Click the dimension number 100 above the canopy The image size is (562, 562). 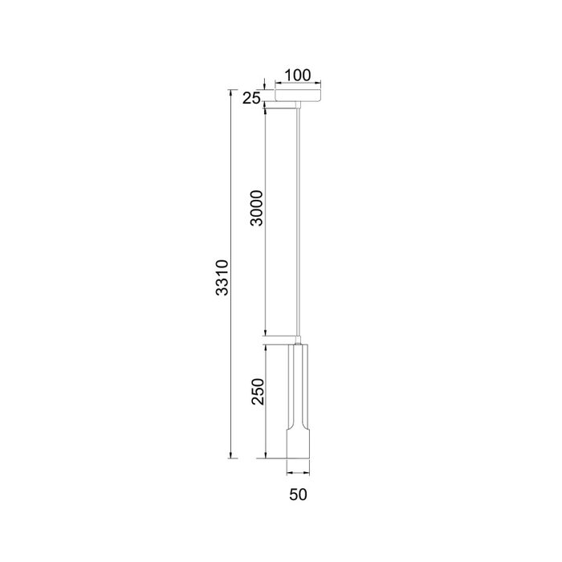(x=298, y=75)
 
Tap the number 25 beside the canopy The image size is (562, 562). (x=252, y=98)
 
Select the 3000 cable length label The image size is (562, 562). (x=257, y=208)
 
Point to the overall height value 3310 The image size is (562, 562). (x=222, y=278)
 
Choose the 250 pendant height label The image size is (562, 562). (x=258, y=392)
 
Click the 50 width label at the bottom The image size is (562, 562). (x=298, y=495)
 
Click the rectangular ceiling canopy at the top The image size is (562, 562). (x=298, y=96)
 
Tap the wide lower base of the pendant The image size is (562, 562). (x=298, y=442)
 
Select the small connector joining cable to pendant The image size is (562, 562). (x=298, y=340)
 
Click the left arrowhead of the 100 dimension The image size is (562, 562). (x=278, y=83)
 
